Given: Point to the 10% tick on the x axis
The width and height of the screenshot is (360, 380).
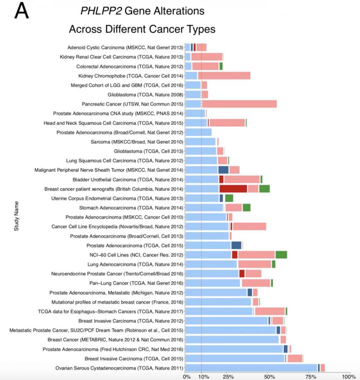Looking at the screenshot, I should tap(201, 376).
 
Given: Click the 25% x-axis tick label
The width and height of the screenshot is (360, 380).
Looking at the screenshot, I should tap(228, 376).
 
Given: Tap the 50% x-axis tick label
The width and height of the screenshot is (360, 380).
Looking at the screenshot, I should tap(269, 376).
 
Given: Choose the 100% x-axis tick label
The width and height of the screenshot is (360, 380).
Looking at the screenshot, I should tap(348, 376).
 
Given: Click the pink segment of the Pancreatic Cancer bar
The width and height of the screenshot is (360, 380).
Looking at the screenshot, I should tap(239, 104).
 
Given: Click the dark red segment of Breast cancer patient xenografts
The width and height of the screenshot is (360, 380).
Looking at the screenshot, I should tap(233, 189).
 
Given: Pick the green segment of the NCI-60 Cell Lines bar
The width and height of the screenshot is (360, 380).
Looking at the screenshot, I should tap(281, 255).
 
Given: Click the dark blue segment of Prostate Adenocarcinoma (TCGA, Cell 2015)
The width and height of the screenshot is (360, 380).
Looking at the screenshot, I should tap(236, 245).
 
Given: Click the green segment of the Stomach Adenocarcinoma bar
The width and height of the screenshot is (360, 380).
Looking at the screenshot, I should tap(246, 208).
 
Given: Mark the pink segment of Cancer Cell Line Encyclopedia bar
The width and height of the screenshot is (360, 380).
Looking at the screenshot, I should tap(249, 227).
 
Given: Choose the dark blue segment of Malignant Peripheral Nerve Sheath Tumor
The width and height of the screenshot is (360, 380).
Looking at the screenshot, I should tap(223, 170).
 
